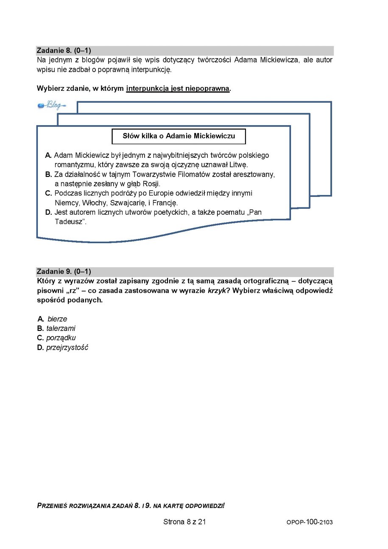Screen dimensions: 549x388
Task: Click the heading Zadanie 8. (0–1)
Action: point(64,50)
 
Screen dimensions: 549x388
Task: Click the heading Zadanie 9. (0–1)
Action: point(64,272)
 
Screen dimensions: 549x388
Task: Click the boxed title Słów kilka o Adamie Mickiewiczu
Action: point(179,136)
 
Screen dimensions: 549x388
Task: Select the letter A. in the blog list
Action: point(48,156)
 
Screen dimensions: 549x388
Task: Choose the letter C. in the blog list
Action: point(48,193)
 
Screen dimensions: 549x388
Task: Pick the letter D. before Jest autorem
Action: point(48,212)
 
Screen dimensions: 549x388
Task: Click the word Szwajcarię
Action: point(127,202)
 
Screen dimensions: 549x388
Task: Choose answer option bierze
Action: point(57,319)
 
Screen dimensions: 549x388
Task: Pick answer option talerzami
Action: point(61,328)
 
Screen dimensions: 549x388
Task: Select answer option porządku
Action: point(61,338)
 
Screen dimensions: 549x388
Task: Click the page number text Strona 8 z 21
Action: point(184,522)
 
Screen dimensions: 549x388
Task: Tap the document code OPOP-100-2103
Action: point(310,522)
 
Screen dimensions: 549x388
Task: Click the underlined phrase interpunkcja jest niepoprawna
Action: point(178,89)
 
